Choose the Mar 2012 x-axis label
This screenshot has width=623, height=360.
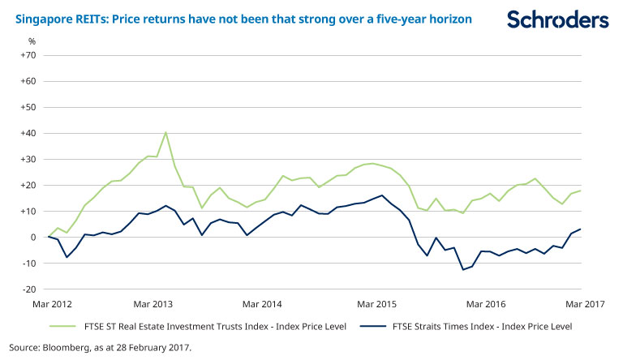tap(50, 304)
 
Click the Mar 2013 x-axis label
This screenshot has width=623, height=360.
tap(154, 304)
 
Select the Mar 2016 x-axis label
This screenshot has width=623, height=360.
tap(485, 304)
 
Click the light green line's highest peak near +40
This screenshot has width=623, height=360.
tap(165, 132)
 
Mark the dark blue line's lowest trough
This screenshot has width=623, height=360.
tap(462, 269)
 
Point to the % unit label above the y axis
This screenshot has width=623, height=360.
tap(32, 41)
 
